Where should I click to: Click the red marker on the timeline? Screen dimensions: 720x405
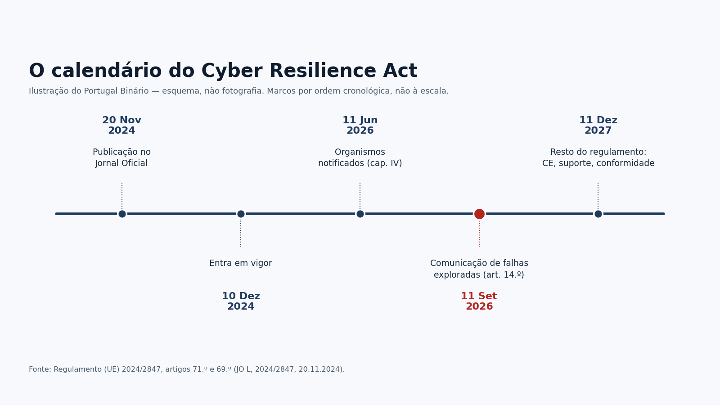pos(479,214)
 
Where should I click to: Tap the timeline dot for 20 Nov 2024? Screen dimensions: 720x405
pos(122,214)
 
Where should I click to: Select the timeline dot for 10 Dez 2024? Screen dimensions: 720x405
pos(241,214)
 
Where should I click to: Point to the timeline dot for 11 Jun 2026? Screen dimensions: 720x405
pos(360,214)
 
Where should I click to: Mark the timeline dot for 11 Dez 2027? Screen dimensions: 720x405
pos(598,214)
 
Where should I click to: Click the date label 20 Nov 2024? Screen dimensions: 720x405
pos(122,126)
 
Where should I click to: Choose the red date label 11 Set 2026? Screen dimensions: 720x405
pos(479,301)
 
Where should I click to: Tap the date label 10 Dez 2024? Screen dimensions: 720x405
pos(241,301)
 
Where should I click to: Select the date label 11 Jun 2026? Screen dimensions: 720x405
pos(360,126)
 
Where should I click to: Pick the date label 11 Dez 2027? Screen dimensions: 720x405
pos(598,126)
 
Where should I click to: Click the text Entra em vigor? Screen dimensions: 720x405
pos(241,263)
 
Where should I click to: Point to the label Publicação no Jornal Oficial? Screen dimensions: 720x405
pos(121,157)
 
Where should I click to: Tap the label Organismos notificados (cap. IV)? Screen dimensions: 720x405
pos(360,157)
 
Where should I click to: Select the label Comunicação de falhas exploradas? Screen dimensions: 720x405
pos(479,269)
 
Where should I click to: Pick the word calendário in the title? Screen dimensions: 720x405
pos(106,70)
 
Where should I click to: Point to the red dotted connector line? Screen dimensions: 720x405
pos(479,234)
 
